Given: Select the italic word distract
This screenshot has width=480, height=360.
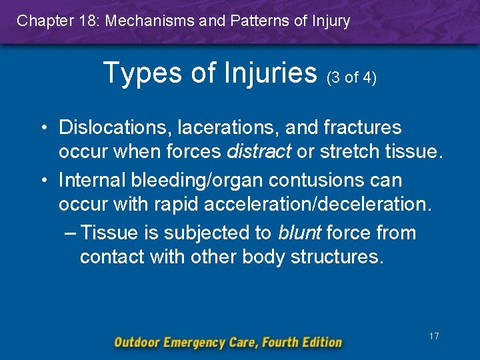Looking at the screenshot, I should (259, 152).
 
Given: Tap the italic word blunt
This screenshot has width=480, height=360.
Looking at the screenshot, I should (299, 233).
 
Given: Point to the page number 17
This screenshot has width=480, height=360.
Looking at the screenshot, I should (434, 337).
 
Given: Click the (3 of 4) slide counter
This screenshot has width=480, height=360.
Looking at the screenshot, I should (351, 78).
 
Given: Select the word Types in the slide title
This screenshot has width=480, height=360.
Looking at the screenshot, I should (144, 72).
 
